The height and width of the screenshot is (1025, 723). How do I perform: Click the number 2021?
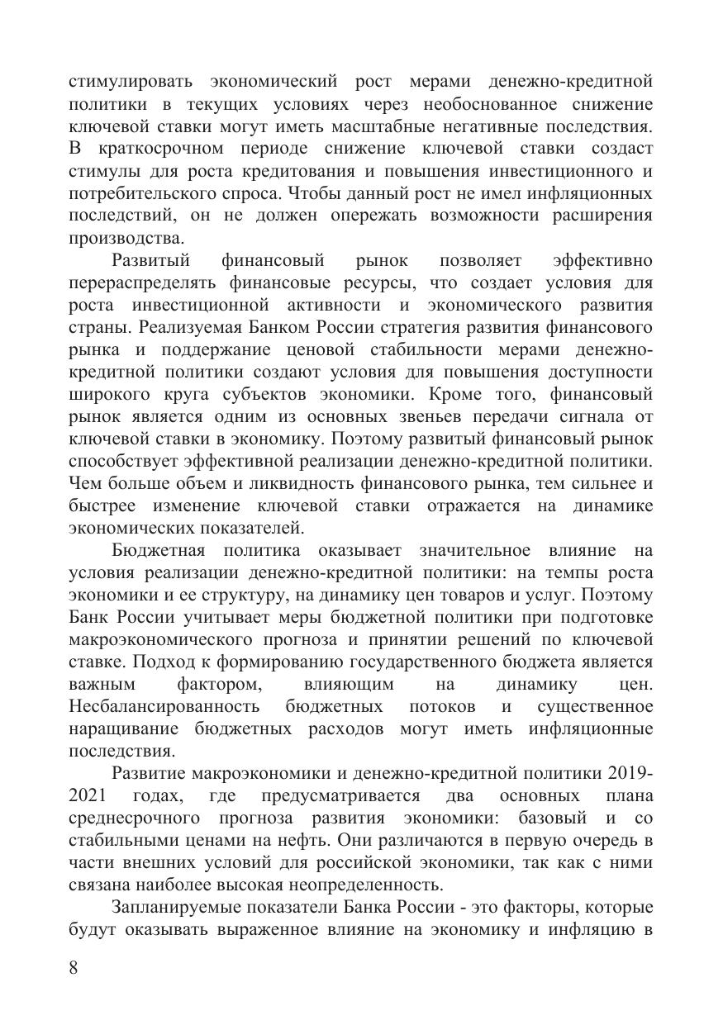(x=88, y=796)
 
